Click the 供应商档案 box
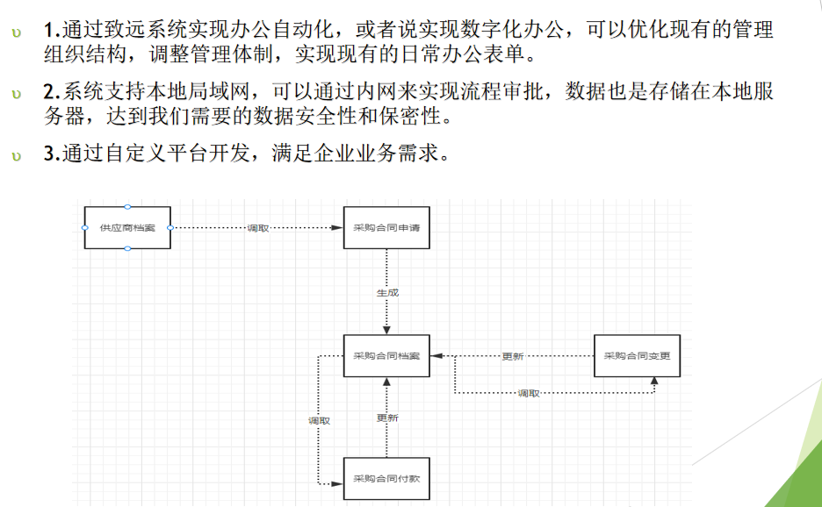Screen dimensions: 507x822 127,228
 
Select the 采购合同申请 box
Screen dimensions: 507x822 386,228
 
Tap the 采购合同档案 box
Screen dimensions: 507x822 386,356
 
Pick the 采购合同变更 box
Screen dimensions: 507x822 637,356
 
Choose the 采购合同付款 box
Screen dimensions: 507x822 386,479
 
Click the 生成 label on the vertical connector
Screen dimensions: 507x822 387,293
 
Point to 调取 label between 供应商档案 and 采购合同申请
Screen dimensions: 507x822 258,228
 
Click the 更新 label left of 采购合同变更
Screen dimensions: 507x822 513,356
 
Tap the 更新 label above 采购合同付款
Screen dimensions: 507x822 387,418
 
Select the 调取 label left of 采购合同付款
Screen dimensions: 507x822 319,421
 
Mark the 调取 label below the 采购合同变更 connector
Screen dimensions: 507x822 529,393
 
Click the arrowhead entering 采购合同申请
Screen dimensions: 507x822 336,228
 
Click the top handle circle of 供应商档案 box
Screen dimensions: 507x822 127,207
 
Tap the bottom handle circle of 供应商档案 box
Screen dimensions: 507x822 127,249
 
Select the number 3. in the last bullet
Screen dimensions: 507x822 49,156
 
